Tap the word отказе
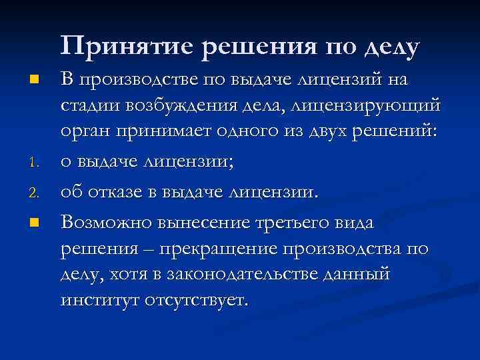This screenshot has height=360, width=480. (x=117, y=193)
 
